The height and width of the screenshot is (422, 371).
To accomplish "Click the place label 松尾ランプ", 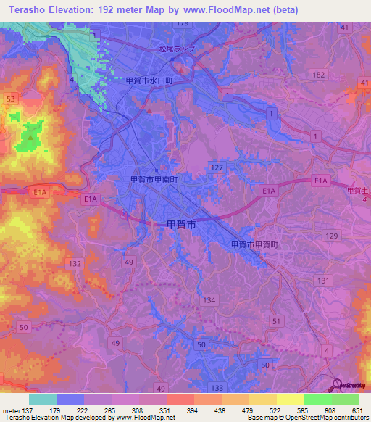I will [x=178, y=49].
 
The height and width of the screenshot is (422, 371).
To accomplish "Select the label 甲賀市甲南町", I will [x=154, y=178].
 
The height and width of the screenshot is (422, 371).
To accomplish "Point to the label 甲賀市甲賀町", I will [x=254, y=245].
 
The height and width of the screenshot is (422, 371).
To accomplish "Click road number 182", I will [x=317, y=75].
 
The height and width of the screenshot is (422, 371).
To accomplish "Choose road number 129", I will [x=333, y=237].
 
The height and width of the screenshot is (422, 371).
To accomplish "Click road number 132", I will [x=75, y=264].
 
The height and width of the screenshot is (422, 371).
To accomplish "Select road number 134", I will [x=209, y=299].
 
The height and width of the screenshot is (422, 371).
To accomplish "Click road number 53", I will [x=10, y=97].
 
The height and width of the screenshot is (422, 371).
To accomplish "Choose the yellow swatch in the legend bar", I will [x=291, y=400].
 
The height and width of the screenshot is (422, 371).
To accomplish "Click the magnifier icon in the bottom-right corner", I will [x=336, y=386].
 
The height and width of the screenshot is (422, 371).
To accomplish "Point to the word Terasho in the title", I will [x=22, y=10].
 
